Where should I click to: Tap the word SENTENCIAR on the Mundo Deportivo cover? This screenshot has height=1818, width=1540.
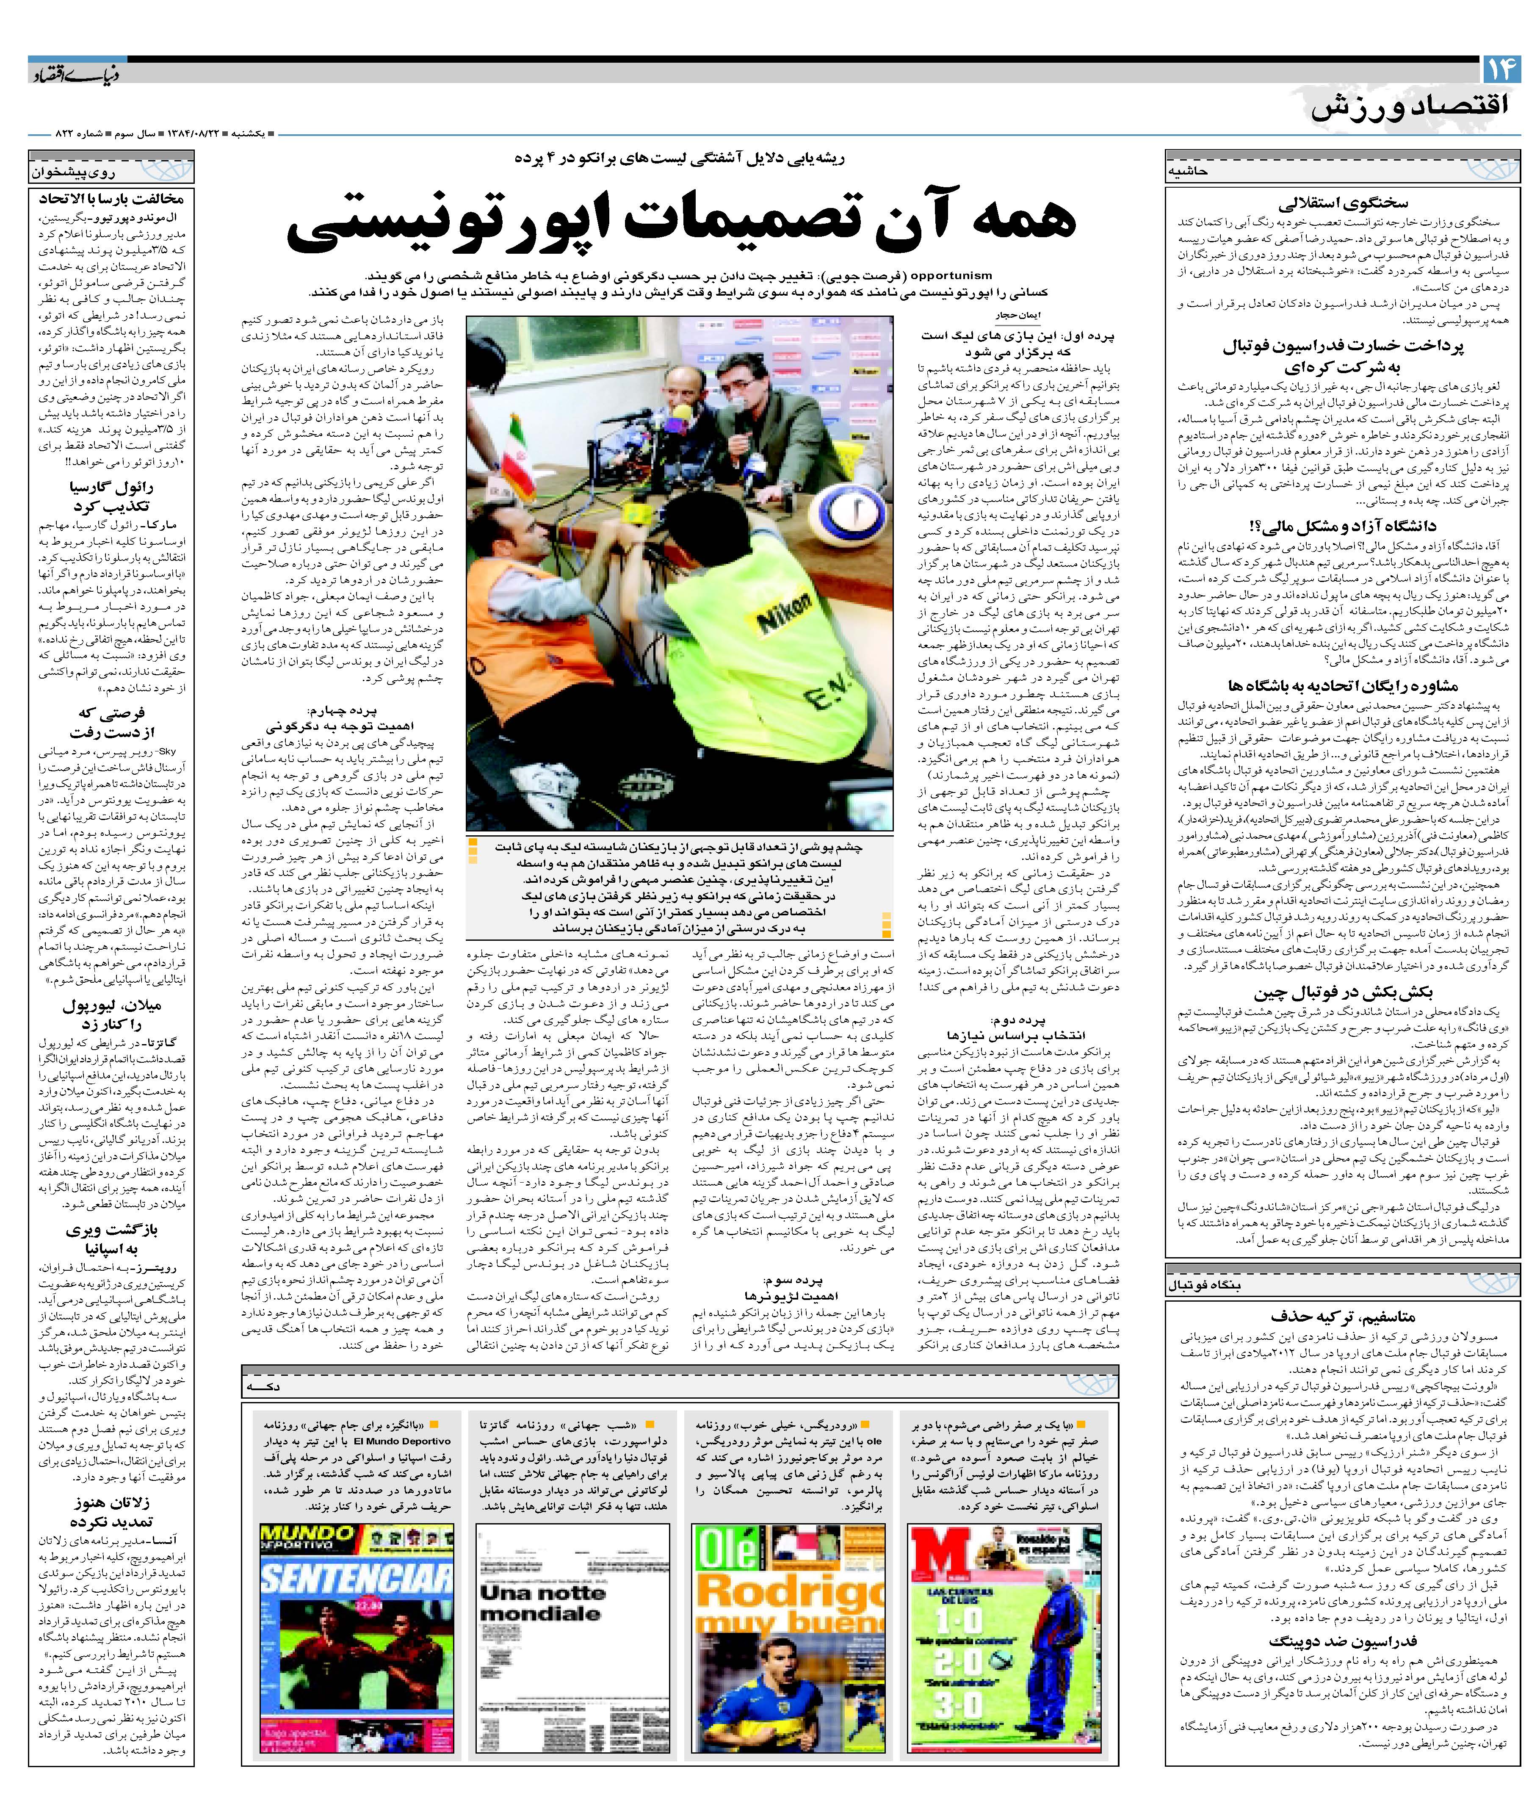pos(356,1577)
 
